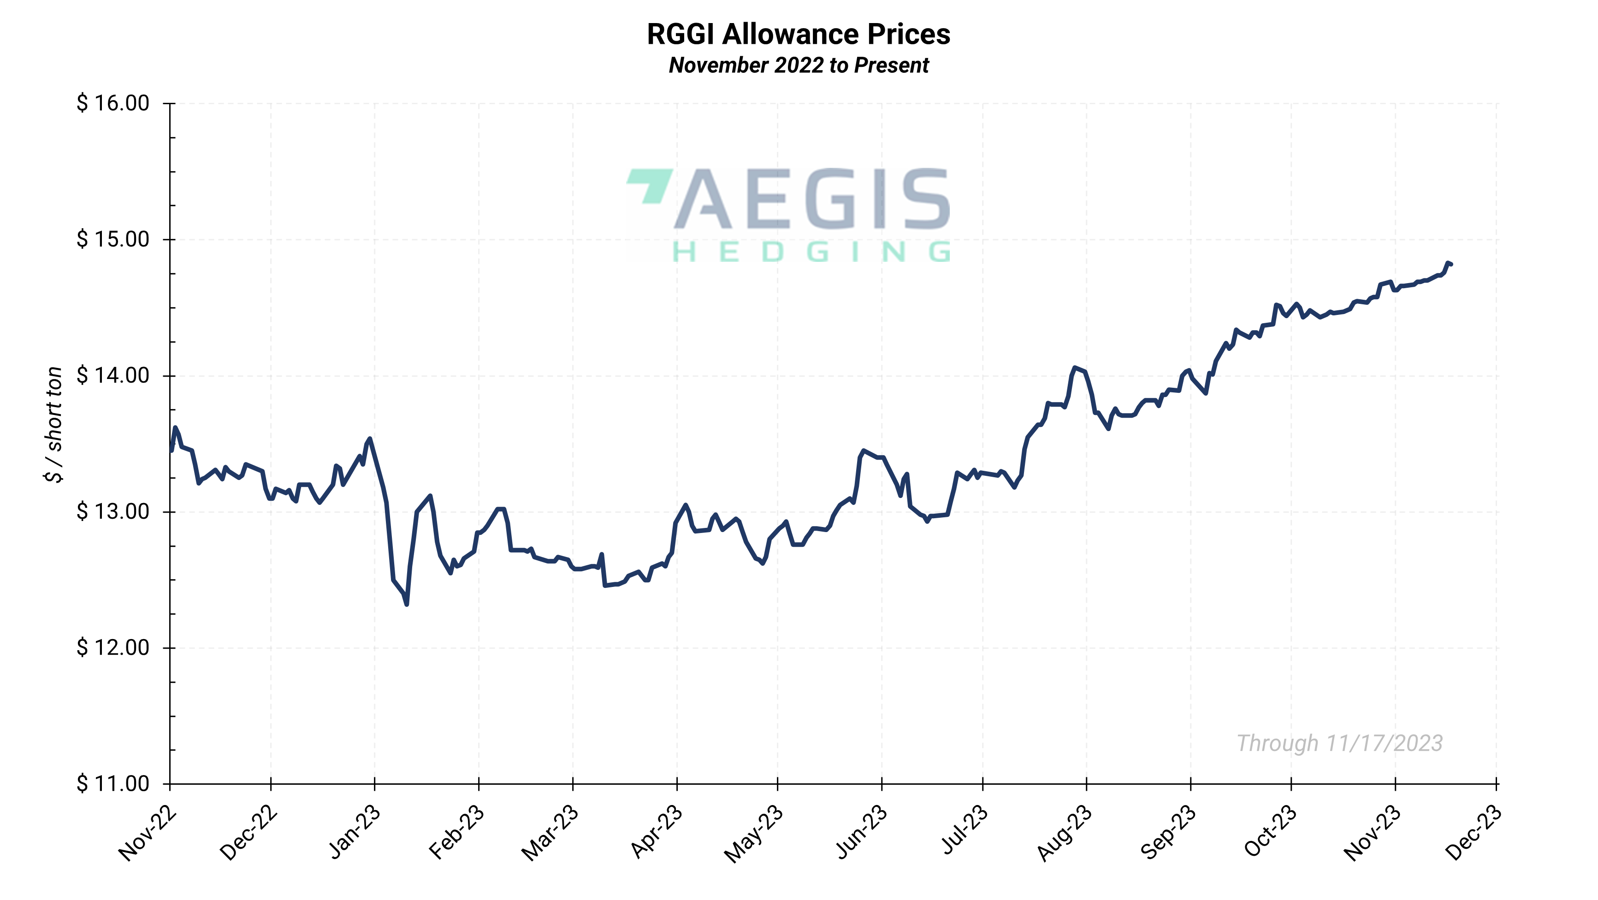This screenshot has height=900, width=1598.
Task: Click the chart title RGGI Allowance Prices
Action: pyautogui.click(x=799, y=34)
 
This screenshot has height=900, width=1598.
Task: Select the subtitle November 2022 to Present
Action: pyautogui.click(x=799, y=65)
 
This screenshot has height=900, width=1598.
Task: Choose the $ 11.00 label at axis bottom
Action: pyautogui.click(x=113, y=783)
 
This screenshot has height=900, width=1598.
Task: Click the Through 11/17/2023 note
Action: pyautogui.click(x=1339, y=743)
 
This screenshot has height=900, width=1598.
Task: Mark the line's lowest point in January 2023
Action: pyautogui.click(x=406, y=604)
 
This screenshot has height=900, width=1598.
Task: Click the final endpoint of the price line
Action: pyautogui.click(x=1451, y=264)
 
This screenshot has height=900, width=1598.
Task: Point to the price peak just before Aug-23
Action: pyautogui.click(x=1074, y=368)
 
